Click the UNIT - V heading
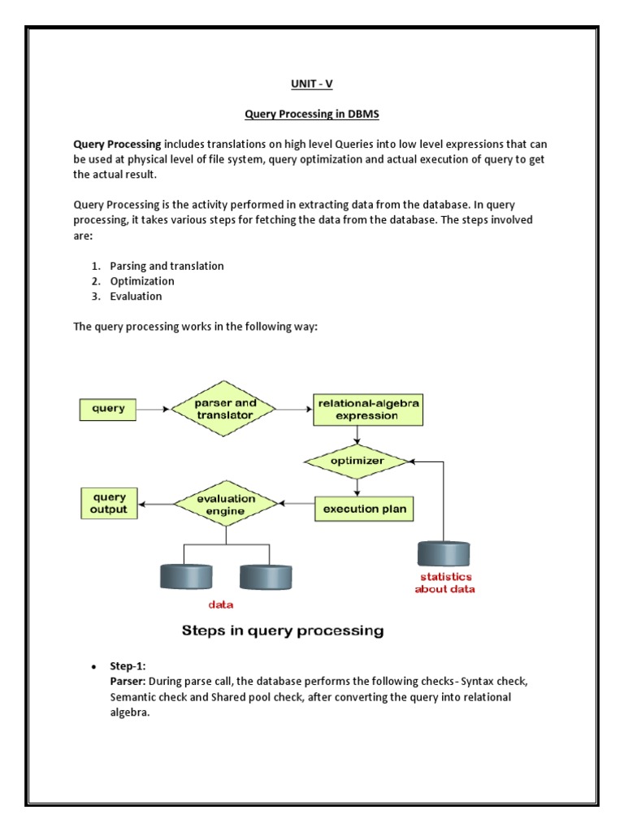311,84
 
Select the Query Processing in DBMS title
311,115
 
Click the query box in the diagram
109,409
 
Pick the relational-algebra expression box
369,409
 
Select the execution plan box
365,509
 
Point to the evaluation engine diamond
225,504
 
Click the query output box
109,503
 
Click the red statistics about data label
444,583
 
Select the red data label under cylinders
222,604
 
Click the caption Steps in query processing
282,630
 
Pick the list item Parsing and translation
167,266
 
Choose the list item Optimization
142,281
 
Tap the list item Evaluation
136,297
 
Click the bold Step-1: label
128,666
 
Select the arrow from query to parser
154,409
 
